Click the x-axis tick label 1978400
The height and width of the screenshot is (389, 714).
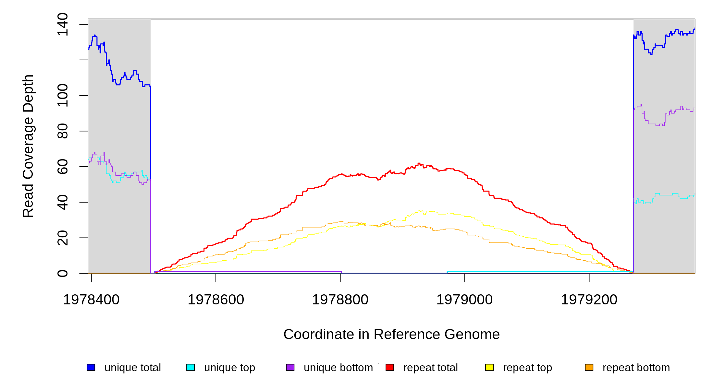click(91, 300)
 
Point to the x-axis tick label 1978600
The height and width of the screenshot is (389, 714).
click(216, 300)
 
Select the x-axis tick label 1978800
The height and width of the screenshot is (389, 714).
click(340, 300)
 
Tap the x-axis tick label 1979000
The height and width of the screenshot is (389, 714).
click(464, 300)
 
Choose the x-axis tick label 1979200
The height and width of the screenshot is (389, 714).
click(589, 300)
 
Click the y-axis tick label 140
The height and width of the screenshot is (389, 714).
click(63, 24)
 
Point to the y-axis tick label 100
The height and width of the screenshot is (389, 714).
click(63, 95)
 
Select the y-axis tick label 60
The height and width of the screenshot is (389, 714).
click(63, 167)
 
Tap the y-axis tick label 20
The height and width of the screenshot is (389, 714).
click(63, 238)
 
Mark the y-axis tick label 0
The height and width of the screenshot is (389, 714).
click(63, 273)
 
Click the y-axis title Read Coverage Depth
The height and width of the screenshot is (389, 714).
click(28, 146)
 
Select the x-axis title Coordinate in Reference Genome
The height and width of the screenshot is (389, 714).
click(391, 334)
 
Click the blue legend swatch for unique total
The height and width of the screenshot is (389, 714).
click(91, 367)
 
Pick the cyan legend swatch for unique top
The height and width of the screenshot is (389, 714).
click(191, 367)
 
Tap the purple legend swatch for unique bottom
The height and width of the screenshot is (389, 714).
click(290, 367)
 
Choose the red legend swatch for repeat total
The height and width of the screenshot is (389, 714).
click(390, 367)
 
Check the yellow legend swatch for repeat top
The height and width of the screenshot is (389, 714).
click(489, 367)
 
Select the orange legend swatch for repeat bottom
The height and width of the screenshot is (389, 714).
click(589, 367)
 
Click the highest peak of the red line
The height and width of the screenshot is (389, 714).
click(419, 163)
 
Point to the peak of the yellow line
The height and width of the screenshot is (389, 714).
click(421, 211)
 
